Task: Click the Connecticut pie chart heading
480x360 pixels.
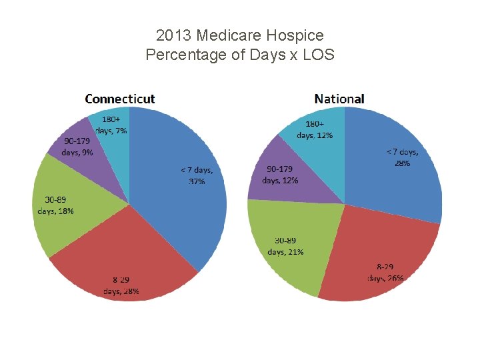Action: [120, 99]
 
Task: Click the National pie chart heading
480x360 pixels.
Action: [339, 99]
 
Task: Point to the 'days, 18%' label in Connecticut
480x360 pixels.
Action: [55, 211]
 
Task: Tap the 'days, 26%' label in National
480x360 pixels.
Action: [386, 278]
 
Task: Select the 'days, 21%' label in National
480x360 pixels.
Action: [285, 252]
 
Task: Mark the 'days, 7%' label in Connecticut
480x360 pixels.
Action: [111, 131]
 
